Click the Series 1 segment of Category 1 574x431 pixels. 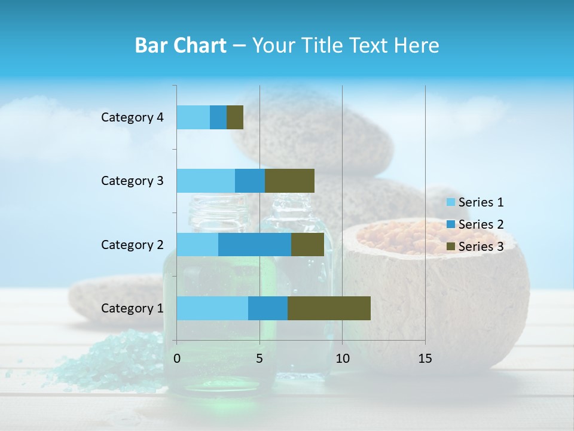click(x=212, y=308)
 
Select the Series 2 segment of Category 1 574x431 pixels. click(x=268, y=308)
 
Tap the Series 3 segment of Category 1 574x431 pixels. click(x=329, y=308)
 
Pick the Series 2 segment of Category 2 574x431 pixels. click(x=255, y=244)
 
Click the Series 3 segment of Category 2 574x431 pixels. click(x=307, y=244)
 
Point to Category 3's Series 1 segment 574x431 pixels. click(x=206, y=181)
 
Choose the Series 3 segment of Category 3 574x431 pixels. click(x=289, y=181)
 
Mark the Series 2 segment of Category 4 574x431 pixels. click(x=218, y=117)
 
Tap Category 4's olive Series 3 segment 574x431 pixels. click(x=235, y=117)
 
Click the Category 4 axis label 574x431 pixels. click(x=132, y=117)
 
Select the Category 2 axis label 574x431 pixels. click(x=132, y=244)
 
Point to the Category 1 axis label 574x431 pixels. click(x=132, y=308)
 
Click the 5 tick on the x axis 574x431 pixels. click(x=259, y=359)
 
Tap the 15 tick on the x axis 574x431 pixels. click(x=425, y=359)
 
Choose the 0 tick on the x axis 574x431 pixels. click(x=177, y=359)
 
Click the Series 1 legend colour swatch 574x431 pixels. click(x=450, y=202)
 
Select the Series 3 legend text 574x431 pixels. click(x=481, y=247)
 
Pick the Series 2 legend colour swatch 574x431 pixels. click(x=450, y=224)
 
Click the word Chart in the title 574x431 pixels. click(x=199, y=45)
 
